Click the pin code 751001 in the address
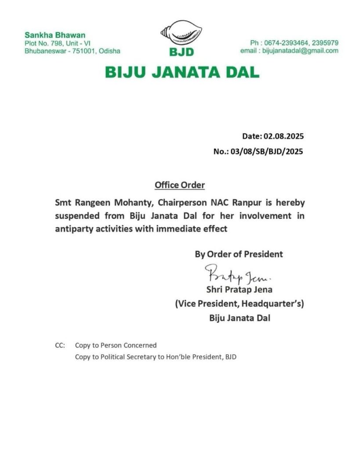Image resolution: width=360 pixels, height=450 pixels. [x=85, y=51]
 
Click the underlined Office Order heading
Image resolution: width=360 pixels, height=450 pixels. [x=179, y=185]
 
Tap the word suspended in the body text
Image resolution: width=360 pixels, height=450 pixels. [x=76, y=216]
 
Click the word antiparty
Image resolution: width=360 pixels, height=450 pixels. [x=73, y=229]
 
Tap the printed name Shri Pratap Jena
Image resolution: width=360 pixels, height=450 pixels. [x=239, y=290]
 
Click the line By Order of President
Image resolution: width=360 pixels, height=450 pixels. [x=239, y=254]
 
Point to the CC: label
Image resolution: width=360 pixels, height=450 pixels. [x=60, y=345]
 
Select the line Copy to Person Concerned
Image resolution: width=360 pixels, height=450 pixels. [x=116, y=345]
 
